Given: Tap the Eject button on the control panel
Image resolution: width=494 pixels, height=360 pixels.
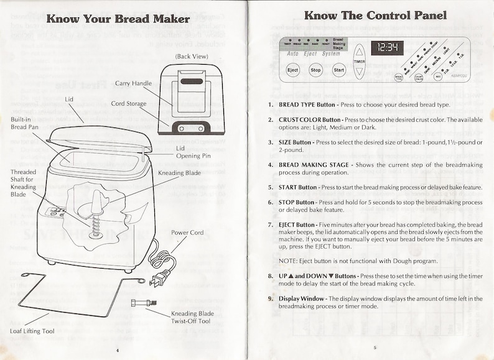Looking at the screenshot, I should pos(292,70).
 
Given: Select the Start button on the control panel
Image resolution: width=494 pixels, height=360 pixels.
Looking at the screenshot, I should pos(339,70).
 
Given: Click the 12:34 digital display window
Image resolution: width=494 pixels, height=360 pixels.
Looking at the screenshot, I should pos(387,47).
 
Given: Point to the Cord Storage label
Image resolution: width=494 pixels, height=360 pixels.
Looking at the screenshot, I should pos(129,104).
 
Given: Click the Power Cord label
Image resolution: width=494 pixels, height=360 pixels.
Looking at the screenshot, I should pos(188,233).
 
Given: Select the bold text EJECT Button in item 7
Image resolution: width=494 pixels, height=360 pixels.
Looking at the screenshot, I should pos(302,224).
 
